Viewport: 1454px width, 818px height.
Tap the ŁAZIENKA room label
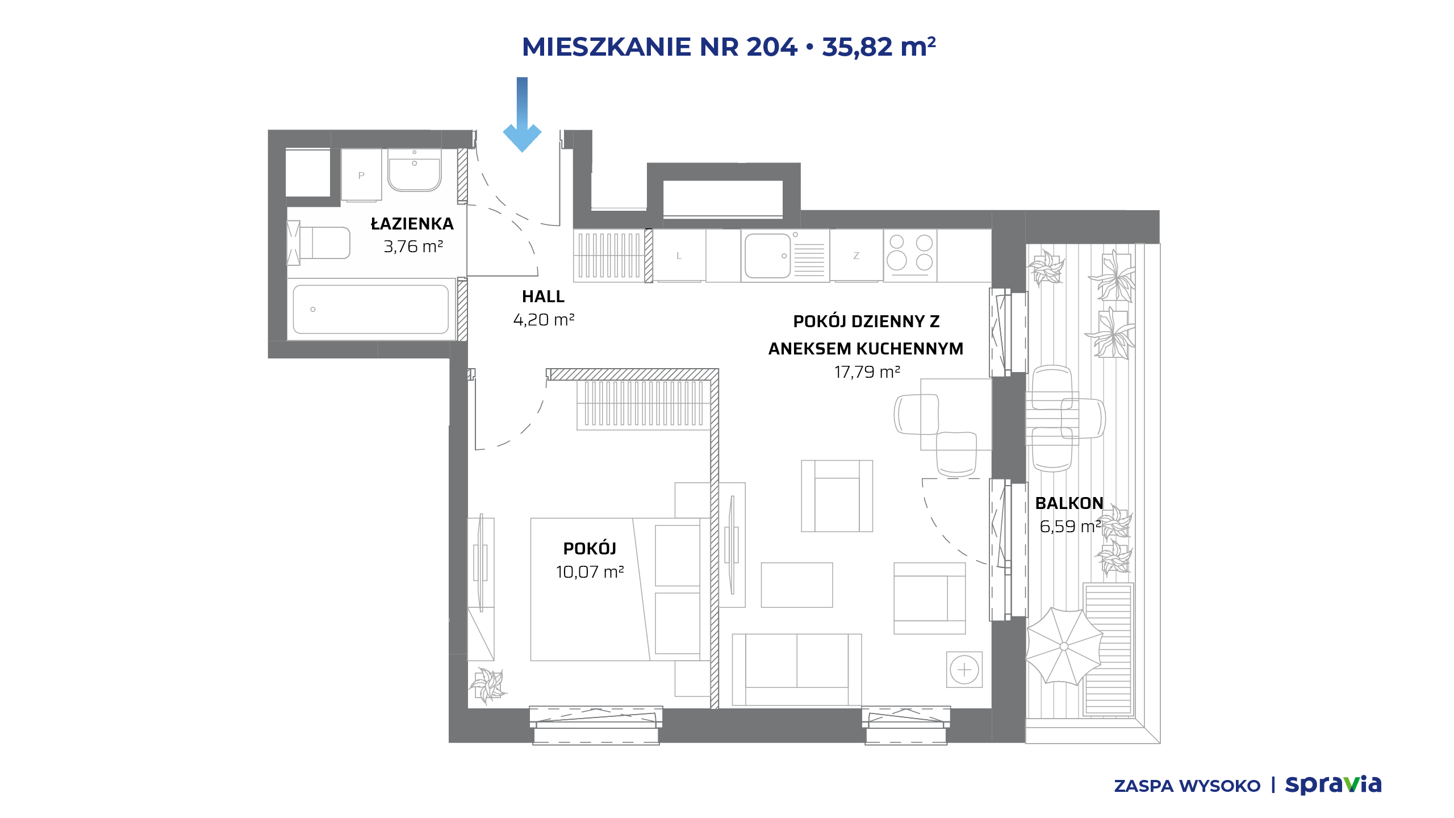coord(412,223)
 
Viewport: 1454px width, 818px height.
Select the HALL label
coord(543,297)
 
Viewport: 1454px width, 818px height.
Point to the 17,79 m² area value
coord(867,372)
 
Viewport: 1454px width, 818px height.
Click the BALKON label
coord(1069,503)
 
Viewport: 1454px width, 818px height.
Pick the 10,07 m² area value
coord(590,571)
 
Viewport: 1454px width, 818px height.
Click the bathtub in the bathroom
coord(371,310)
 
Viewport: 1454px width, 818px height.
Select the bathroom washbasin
coord(415,169)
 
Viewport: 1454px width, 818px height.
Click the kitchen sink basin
coord(767,256)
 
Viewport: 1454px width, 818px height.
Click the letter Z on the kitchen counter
coord(856,256)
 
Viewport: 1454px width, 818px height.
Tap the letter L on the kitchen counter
coord(679,256)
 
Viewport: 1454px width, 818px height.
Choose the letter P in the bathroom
coord(361,176)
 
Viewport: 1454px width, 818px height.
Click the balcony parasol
coord(1064,646)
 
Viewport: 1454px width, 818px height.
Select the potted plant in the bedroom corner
coord(488,685)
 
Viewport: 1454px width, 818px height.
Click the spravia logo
coord(1333,784)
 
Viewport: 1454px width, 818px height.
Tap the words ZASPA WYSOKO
coord(1187,786)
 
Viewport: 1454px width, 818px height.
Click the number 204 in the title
coord(772,47)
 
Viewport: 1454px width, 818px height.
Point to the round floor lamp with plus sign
coord(964,670)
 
